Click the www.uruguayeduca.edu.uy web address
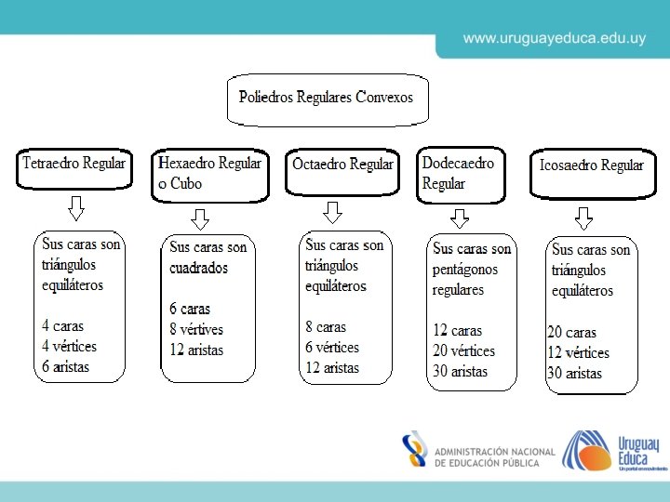point(555,38)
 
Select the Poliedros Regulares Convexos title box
point(326,98)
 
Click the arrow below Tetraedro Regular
point(76,208)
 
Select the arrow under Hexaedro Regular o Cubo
point(200,219)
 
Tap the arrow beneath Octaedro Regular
point(333,213)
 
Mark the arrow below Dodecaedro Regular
point(460,218)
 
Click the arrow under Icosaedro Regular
point(583,219)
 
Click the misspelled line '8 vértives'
point(196,330)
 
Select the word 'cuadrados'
point(198,269)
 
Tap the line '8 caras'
point(326,327)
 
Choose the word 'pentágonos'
point(465,270)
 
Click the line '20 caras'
point(572,333)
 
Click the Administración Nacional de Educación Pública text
point(494,456)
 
